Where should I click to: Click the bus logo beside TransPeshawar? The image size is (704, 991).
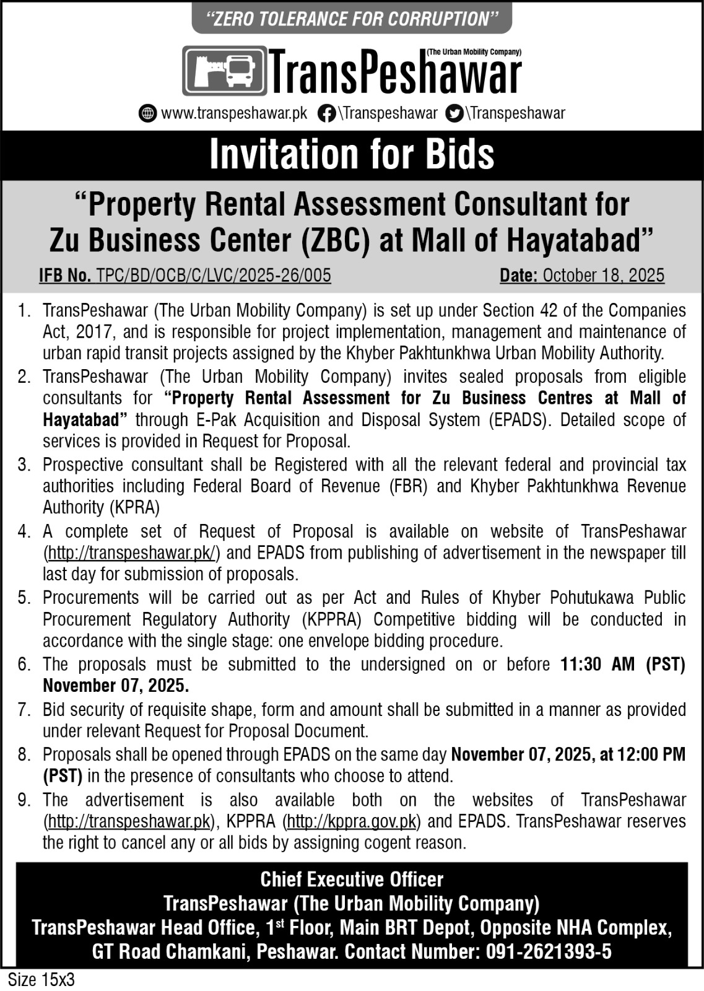pos(225,71)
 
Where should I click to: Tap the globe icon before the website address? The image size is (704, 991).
pos(147,114)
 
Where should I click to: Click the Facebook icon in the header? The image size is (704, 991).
pos(326,114)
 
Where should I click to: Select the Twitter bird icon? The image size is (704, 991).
pos(454,114)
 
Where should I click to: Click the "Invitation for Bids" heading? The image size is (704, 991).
pos(352,154)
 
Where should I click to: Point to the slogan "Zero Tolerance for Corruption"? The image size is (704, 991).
pos(352,19)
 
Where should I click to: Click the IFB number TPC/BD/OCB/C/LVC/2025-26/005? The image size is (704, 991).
pos(214,276)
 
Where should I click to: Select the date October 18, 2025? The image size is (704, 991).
pos(603,276)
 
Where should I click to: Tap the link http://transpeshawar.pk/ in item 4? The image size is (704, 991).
pos(131,552)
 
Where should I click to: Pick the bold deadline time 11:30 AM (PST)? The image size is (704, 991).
pos(623,665)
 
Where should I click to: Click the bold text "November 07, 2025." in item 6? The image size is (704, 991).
pos(116,686)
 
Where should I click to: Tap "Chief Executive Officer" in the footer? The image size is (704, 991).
pos(352,880)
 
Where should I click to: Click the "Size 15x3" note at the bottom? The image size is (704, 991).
pos(41,980)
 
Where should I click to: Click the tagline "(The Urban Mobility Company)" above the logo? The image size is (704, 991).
pos(474,53)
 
